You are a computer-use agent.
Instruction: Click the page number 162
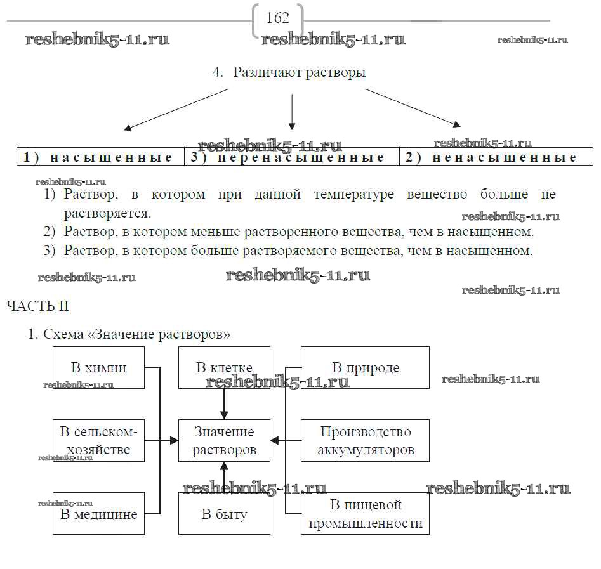[x=278, y=18]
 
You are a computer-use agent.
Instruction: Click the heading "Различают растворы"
[x=299, y=72]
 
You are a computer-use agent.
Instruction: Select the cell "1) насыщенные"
[x=98, y=157]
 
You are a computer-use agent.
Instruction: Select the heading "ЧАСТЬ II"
[x=37, y=306]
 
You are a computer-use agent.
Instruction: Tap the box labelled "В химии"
[x=98, y=368]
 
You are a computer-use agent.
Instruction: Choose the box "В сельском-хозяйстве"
[x=98, y=440]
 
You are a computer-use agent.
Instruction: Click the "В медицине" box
[x=98, y=514]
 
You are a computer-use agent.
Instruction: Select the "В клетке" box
[x=224, y=368]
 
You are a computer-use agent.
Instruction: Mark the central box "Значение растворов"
[x=224, y=440]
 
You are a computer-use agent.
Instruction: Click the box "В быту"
[x=224, y=514]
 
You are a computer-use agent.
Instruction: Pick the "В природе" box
[x=365, y=368]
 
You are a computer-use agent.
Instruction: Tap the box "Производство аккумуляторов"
[x=365, y=440]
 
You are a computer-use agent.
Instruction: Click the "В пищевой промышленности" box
[x=365, y=514]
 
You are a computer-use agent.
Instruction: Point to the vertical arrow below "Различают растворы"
[x=291, y=111]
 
